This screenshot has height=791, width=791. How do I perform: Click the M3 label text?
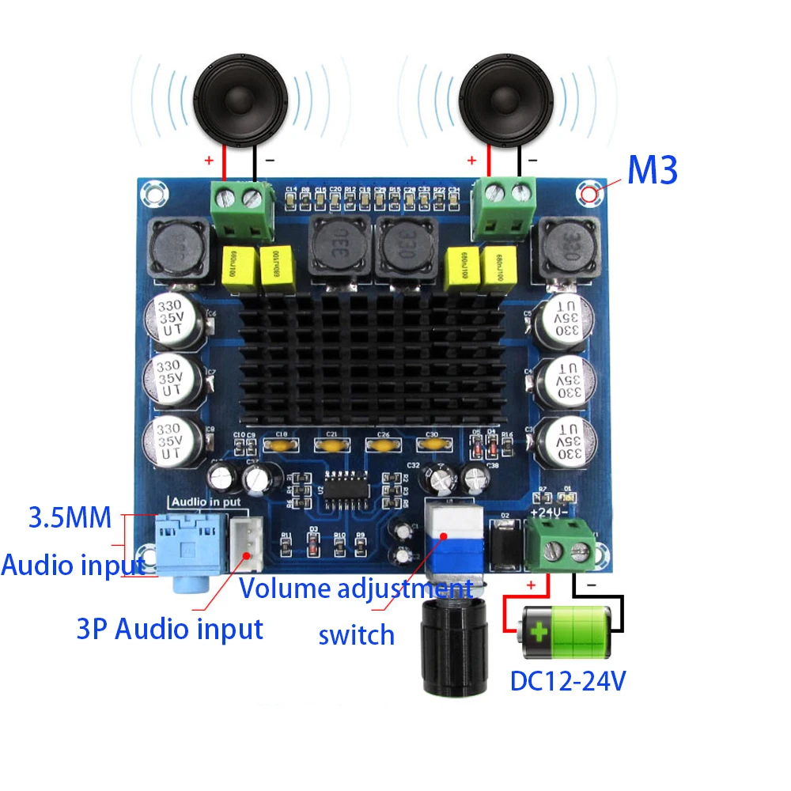pos(653,170)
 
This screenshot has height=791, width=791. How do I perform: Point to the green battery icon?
pos(565,631)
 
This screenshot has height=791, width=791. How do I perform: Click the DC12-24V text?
pos(567,680)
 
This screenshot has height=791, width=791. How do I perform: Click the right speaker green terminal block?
pos(506,207)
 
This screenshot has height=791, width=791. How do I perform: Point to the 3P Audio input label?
pos(169,630)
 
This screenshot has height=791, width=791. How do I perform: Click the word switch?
pos(356,634)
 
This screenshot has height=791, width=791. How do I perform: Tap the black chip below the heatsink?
pos(344,490)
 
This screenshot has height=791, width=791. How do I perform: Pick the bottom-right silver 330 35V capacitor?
pos(564,441)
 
